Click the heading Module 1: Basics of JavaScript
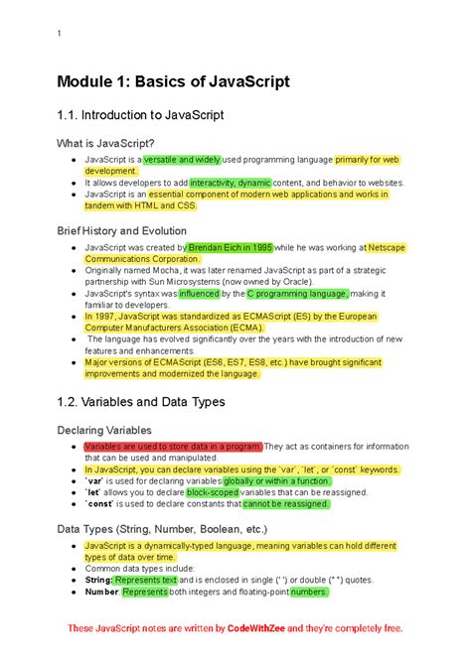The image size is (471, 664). click(x=173, y=81)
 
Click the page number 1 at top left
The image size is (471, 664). click(x=60, y=35)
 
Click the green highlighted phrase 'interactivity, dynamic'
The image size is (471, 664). click(x=231, y=183)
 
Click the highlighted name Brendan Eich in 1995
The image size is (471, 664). click(x=230, y=246)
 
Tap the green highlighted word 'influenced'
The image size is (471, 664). click(x=199, y=294)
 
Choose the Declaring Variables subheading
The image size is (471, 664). click(x=118, y=431)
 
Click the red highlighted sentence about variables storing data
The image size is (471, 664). click(x=173, y=447)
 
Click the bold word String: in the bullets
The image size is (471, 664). click(x=98, y=580)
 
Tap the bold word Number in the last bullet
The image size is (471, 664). click(x=101, y=592)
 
